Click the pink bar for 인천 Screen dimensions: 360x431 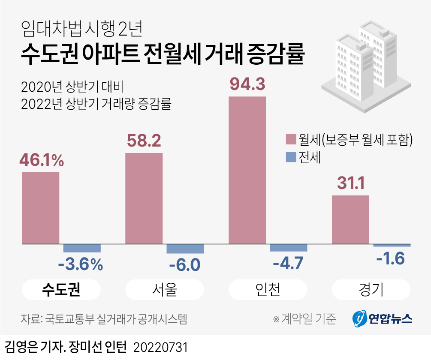(247, 170)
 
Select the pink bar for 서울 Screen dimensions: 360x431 (144, 198)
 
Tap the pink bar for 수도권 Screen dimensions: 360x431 (40, 208)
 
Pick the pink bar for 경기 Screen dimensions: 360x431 (350, 220)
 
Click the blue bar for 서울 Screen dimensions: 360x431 (185, 249)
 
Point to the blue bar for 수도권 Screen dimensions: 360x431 (82, 248)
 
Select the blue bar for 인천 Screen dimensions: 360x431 (288, 248)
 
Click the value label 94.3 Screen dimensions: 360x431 (247, 84)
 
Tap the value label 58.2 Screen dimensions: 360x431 (144, 140)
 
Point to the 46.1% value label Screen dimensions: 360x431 (41, 160)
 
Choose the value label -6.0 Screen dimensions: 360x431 (184, 264)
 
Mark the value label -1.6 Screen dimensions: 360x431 (390, 259)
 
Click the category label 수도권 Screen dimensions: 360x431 (61, 290)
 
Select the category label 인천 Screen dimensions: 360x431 (268, 290)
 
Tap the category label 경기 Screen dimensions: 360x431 (371, 290)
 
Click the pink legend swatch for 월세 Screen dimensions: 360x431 (290, 140)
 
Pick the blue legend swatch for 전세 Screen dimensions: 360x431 (290, 157)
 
